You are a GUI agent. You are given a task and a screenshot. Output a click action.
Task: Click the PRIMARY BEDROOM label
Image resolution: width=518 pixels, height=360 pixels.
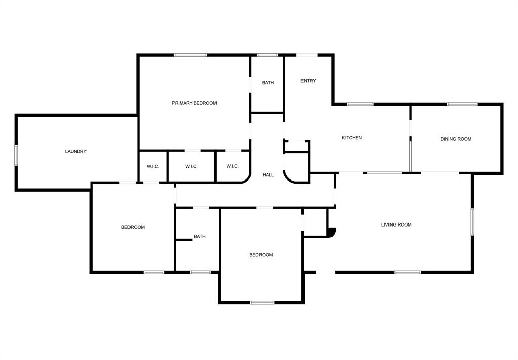point(194,103)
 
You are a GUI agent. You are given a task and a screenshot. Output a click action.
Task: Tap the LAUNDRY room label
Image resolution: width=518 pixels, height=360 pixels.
point(76,151)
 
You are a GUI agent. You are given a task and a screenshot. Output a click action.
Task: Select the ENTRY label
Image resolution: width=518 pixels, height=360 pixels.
point(308,81)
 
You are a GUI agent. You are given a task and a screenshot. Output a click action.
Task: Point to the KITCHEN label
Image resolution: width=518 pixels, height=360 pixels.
point(352,138)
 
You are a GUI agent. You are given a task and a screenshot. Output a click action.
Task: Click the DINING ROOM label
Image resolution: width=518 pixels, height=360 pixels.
point(456,139)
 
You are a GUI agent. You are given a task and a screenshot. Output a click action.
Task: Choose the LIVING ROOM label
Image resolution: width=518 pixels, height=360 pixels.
point(396,224)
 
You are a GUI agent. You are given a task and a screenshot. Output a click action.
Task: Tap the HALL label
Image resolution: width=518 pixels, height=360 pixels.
point(268,175)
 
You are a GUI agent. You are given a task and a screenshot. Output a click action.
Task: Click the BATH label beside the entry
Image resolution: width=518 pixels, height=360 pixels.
point(268,83)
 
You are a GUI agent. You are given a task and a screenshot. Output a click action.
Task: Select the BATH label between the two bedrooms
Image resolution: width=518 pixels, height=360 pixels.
point(200,236)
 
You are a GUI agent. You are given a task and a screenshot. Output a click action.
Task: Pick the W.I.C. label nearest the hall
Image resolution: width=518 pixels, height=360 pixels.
point(232,166)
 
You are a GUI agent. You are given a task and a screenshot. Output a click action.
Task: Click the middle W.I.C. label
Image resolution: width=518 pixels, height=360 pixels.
point(191,166)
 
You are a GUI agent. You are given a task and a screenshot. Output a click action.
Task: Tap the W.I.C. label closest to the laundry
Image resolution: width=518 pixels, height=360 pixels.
point(153,166)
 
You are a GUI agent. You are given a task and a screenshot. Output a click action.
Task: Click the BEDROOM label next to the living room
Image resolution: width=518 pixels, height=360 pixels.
point(261,255)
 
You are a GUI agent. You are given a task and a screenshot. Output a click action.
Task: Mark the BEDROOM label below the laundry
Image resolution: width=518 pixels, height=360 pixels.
point(133,227)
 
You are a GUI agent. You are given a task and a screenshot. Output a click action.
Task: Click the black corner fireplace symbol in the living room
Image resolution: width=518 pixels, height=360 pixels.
point(332,232)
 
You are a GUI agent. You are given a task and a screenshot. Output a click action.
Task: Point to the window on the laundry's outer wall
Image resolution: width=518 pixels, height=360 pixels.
point(16,155)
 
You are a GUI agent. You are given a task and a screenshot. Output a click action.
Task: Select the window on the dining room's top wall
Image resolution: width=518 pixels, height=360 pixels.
point(462,104)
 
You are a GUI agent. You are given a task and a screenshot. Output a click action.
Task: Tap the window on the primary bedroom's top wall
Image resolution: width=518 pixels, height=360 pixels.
point(191,55)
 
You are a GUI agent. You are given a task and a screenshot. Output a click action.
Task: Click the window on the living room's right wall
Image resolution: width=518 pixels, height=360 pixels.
point(472,222)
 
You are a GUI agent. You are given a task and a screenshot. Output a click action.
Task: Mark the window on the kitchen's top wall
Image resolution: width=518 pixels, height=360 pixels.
point(360,104)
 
